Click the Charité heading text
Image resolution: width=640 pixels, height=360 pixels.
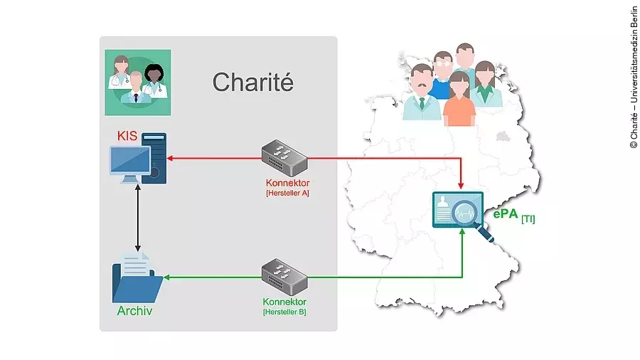(x=252, y=82)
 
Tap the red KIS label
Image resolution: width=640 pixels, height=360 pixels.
(x=127, y=135)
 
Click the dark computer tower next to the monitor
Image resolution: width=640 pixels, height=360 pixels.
(x=155, y=158)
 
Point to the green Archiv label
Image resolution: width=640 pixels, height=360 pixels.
(x=134, y=311)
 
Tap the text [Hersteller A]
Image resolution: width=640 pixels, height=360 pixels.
(x=287, y=193)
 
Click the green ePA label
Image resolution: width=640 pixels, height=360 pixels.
(x=506, y=214)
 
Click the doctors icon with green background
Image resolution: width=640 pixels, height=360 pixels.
(x=137, y=83)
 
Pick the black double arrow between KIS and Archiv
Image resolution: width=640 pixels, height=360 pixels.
(x=137, y=220)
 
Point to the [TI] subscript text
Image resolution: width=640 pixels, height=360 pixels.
(x=528, y=219)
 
